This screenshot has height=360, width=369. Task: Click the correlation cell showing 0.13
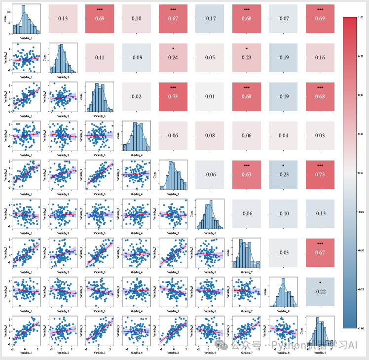tap(63, 19)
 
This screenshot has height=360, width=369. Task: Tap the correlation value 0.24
tap(173, 57)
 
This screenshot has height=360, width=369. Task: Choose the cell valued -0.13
tap(320, 213)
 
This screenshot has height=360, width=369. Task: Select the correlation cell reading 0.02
tap(137, 96)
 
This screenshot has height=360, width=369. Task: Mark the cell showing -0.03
tap(283, 252)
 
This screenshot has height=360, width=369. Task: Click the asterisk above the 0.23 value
tap(247, 48)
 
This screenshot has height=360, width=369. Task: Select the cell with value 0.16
tap(320, 57)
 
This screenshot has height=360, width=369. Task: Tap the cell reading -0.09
tap(137, 57)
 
